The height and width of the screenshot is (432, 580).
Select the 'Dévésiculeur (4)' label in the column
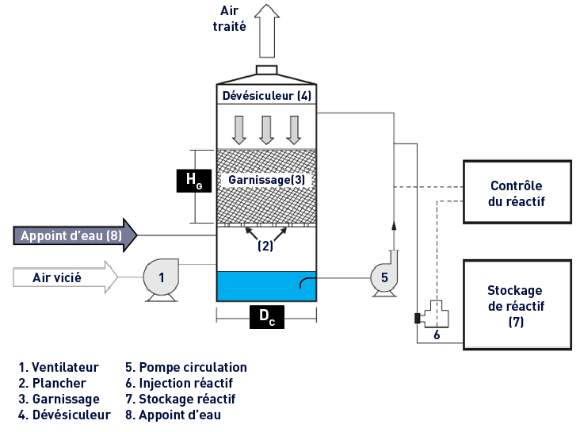(266, 96)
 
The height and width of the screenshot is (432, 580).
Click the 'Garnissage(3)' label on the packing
(266, 180)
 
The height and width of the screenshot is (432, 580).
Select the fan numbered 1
(162, 278)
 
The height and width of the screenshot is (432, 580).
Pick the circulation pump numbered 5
(383, 277)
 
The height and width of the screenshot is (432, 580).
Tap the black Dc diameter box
(266, 316)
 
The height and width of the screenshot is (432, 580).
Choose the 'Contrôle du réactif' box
(517, 193)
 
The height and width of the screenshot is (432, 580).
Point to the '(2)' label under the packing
(265, 246)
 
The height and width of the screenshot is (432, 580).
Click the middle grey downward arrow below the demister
(267, 130)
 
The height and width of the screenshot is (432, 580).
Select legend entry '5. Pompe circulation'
(186, 367)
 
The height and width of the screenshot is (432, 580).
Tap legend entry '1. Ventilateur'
(59, 367)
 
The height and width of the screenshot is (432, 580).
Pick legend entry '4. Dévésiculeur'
(64, 415)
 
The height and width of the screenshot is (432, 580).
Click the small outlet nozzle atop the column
(266, 70)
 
